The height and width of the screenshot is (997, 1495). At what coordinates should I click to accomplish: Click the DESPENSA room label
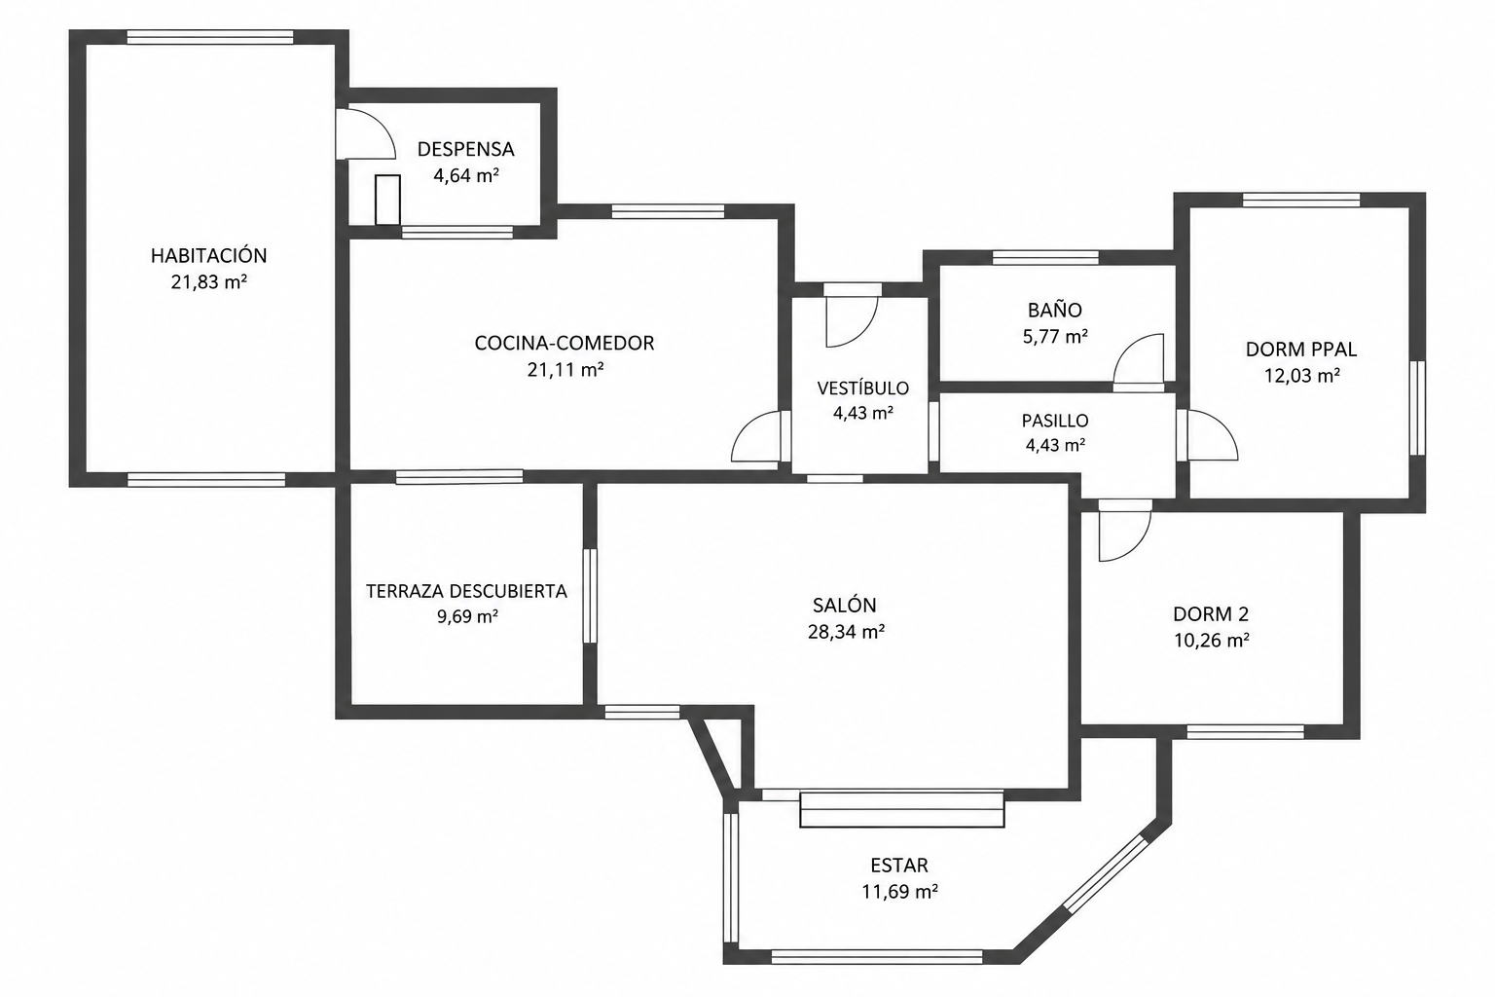pyautogui.click(x=466, y=149)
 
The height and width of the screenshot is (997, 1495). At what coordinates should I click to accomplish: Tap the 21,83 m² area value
pyautogui.click(x=209, y=281)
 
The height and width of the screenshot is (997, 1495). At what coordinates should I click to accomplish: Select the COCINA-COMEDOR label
pyautogui.click(x=564, y=344)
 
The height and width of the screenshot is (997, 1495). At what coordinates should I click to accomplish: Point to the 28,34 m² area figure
pyautogui.click(x=846, y=632)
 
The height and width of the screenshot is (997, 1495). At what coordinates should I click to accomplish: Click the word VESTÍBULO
pyautogui.click(x=863, y=388)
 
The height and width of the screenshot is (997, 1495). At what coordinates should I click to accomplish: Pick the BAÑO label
pyautogui.click(x=1054, y=310)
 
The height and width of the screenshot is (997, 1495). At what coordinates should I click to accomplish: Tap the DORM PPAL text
pyautogui.click(x=1300, y=350)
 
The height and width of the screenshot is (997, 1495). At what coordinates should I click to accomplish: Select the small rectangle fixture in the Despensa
pyautogui.click(x=387, y=200)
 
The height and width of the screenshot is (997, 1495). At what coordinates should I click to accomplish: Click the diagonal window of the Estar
pyautogui.click(x=1105, y=873)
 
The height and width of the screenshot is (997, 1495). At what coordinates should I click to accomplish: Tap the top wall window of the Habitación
pyautogui.click(x=210, y=37)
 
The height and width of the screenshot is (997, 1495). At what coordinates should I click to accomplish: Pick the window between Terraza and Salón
pyautogui.click(x=590, y=596)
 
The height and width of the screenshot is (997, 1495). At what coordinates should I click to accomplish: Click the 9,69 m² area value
pyautogui.click(x=467, y=616)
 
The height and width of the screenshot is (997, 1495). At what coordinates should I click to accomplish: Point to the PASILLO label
pyautogui.click(x=1054, y=421)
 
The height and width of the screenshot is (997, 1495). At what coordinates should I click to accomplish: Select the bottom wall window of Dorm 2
pyautogui.click(x=1246, y=732)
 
